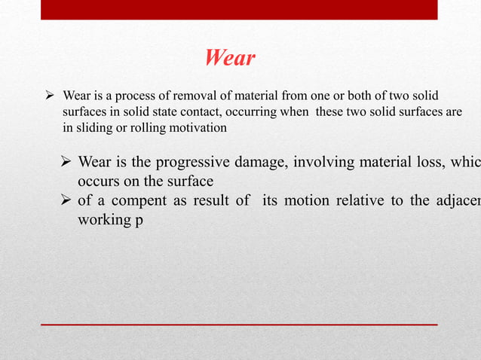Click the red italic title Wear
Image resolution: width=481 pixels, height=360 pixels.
pos(230,58)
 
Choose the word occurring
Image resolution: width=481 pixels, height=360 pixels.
pos(239,112)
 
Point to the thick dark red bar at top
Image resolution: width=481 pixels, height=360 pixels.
pos(238,9)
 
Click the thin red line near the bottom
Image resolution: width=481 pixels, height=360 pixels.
pos(238,325)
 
